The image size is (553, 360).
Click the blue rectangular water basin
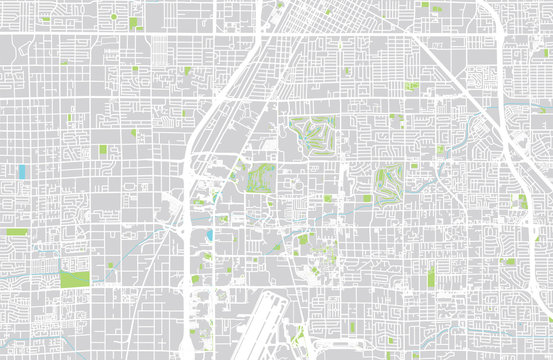(22, 171)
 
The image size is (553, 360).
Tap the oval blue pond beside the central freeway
(209, 237)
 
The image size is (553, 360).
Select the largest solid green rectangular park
(74, 279)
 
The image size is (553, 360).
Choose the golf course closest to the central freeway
(259, 179)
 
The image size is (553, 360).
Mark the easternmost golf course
(389, 181)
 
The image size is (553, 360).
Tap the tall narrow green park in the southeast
(432, 274)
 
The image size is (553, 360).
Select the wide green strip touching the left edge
(16, 232)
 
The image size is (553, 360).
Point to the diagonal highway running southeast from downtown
(440, 70)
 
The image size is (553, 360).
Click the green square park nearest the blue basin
(102, 150)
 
